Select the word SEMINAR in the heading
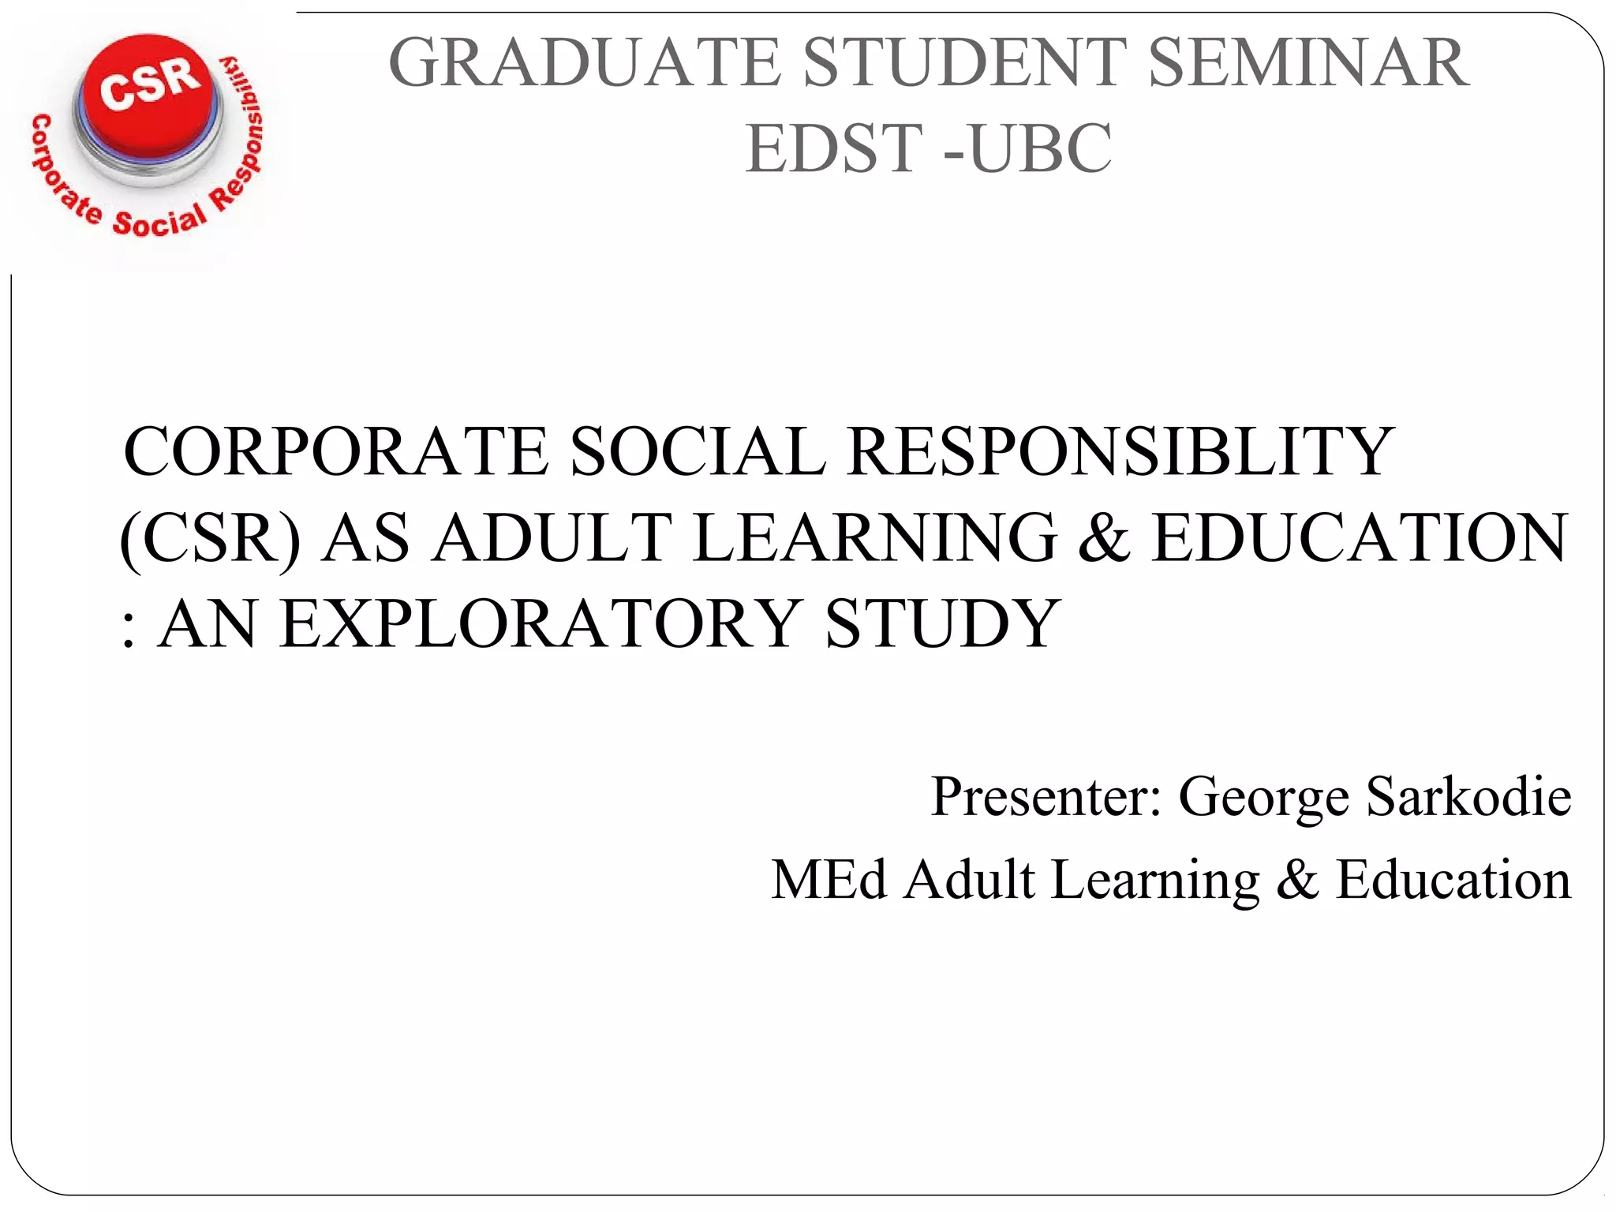click(1309, 63)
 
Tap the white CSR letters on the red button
click(149, 82)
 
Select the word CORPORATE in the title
click(336, 451)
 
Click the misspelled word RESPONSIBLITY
click(1120, 451)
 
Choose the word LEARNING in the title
click(875, 538)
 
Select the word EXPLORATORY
click(541, 624)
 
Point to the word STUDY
click(942, 624)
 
